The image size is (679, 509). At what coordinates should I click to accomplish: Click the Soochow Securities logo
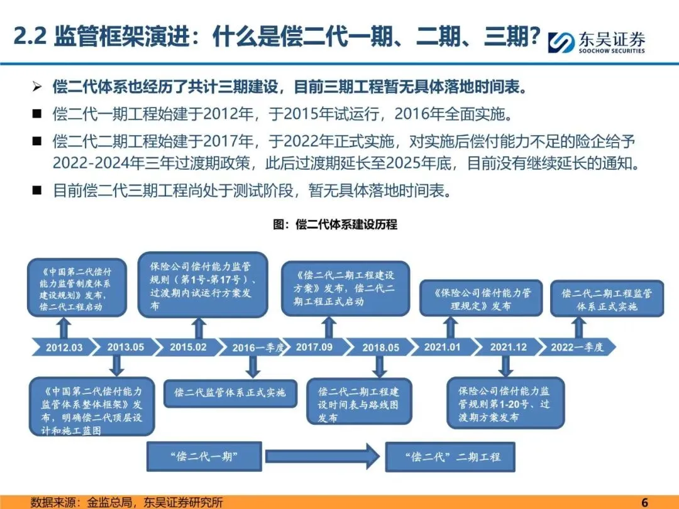597,41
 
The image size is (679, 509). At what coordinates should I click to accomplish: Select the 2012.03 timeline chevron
63,348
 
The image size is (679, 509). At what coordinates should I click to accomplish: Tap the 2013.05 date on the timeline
125,347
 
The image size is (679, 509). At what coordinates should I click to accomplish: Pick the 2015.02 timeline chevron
187,347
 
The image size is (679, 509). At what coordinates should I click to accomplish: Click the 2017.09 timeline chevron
314,347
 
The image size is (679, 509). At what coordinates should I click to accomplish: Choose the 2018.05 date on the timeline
380,348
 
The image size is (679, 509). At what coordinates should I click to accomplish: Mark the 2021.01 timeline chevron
442,347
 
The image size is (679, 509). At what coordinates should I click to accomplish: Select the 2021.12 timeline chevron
508,347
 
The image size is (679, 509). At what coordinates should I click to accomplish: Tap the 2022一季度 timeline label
577,348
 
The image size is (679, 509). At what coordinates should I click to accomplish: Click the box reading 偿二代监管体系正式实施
229,392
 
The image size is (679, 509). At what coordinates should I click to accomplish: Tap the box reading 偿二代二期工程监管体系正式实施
606,299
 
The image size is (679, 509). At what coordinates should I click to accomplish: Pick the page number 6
644,502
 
